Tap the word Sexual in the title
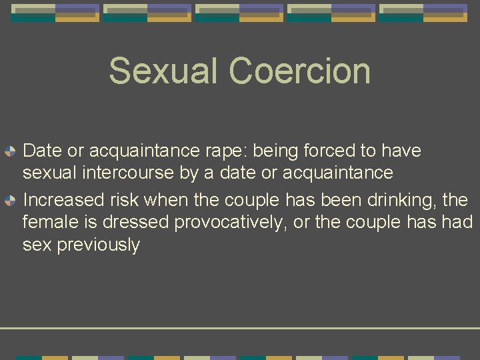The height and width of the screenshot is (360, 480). (164, 71)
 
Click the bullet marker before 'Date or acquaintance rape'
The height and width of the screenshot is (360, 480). (10, 151)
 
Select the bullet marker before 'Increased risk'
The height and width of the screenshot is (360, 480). (10, 200)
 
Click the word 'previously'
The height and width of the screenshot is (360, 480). (99, 245)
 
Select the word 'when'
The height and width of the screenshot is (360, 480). (167, 200)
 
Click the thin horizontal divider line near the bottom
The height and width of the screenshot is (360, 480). (240, 328)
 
